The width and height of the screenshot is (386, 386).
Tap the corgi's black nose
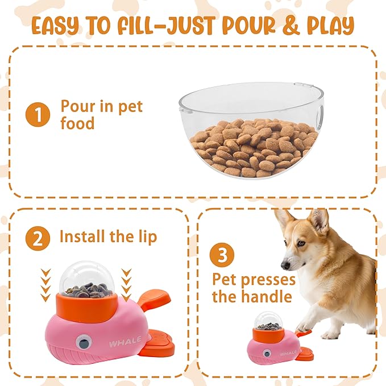[x=285, y=265]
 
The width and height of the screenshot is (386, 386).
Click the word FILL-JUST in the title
[x=171, y=26]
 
